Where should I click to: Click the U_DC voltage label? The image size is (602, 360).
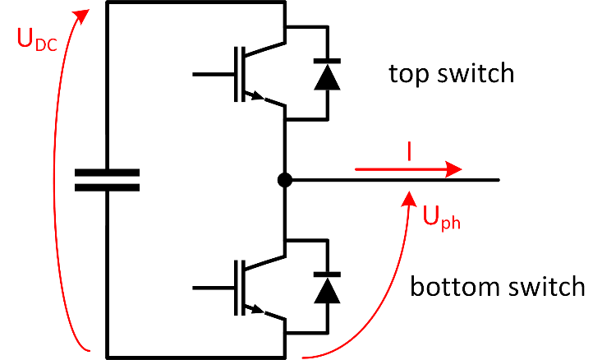[x=34, y=39]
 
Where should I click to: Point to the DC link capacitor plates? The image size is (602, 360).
[x=107, y=180]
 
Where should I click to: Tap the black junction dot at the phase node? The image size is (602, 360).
[x=284, y=180]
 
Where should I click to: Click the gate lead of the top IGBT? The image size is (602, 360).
[x=212, y=75]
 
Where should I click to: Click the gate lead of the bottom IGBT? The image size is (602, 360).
[x=212, y=287]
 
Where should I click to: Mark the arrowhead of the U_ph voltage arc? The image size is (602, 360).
[x=408, y=196]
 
